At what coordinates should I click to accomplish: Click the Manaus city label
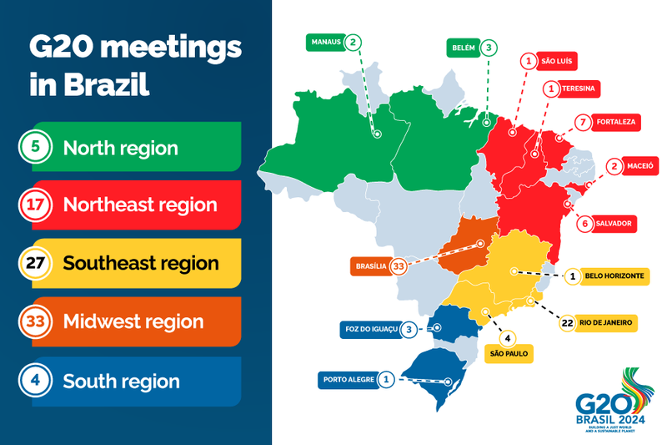(x=326, y=42)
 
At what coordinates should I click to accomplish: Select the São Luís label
(x=559, y=61)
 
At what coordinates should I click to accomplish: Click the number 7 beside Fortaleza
(x=583, y=122)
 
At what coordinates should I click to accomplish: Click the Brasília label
(x=370, y=266)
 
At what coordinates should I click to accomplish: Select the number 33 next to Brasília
(x=399, y=266)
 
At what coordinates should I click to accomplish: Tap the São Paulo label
(x=508, y=354)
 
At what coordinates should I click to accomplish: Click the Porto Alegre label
(x=348, y=380)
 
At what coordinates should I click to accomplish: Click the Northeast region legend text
(x=140, y=205)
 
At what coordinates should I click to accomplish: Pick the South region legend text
(x=121, y=382)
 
